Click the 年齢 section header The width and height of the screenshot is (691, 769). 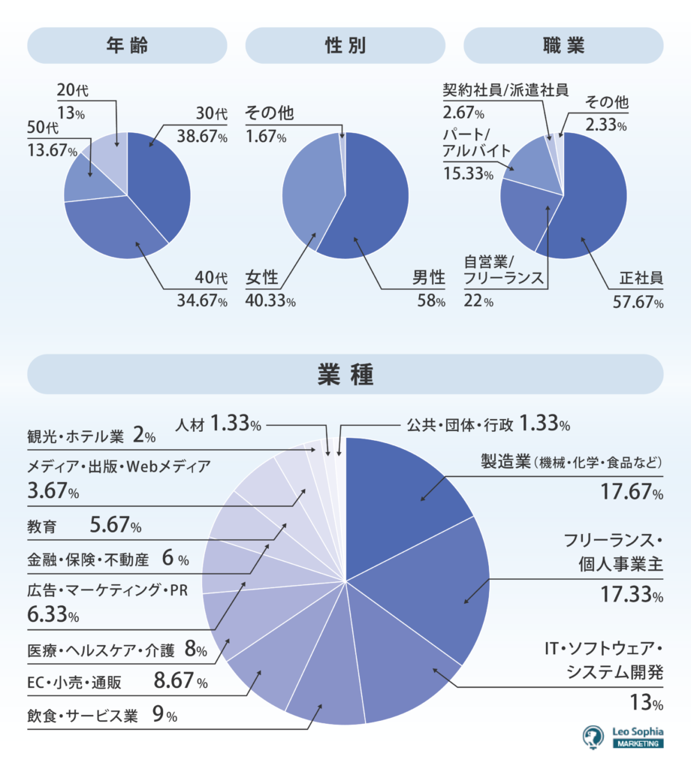click(127, 46)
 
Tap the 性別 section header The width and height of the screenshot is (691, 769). click(345, 46)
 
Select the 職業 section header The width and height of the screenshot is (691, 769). click(563, 46)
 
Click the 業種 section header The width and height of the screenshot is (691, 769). click(345, 374)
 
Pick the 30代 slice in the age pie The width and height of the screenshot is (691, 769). click(161, 180)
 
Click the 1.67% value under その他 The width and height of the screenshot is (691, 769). click(265, 137)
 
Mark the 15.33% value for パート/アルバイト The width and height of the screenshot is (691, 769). click(468, 174)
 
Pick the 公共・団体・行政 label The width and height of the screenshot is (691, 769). click(460, 424)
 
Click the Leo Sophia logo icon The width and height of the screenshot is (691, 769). click(594, 737)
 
